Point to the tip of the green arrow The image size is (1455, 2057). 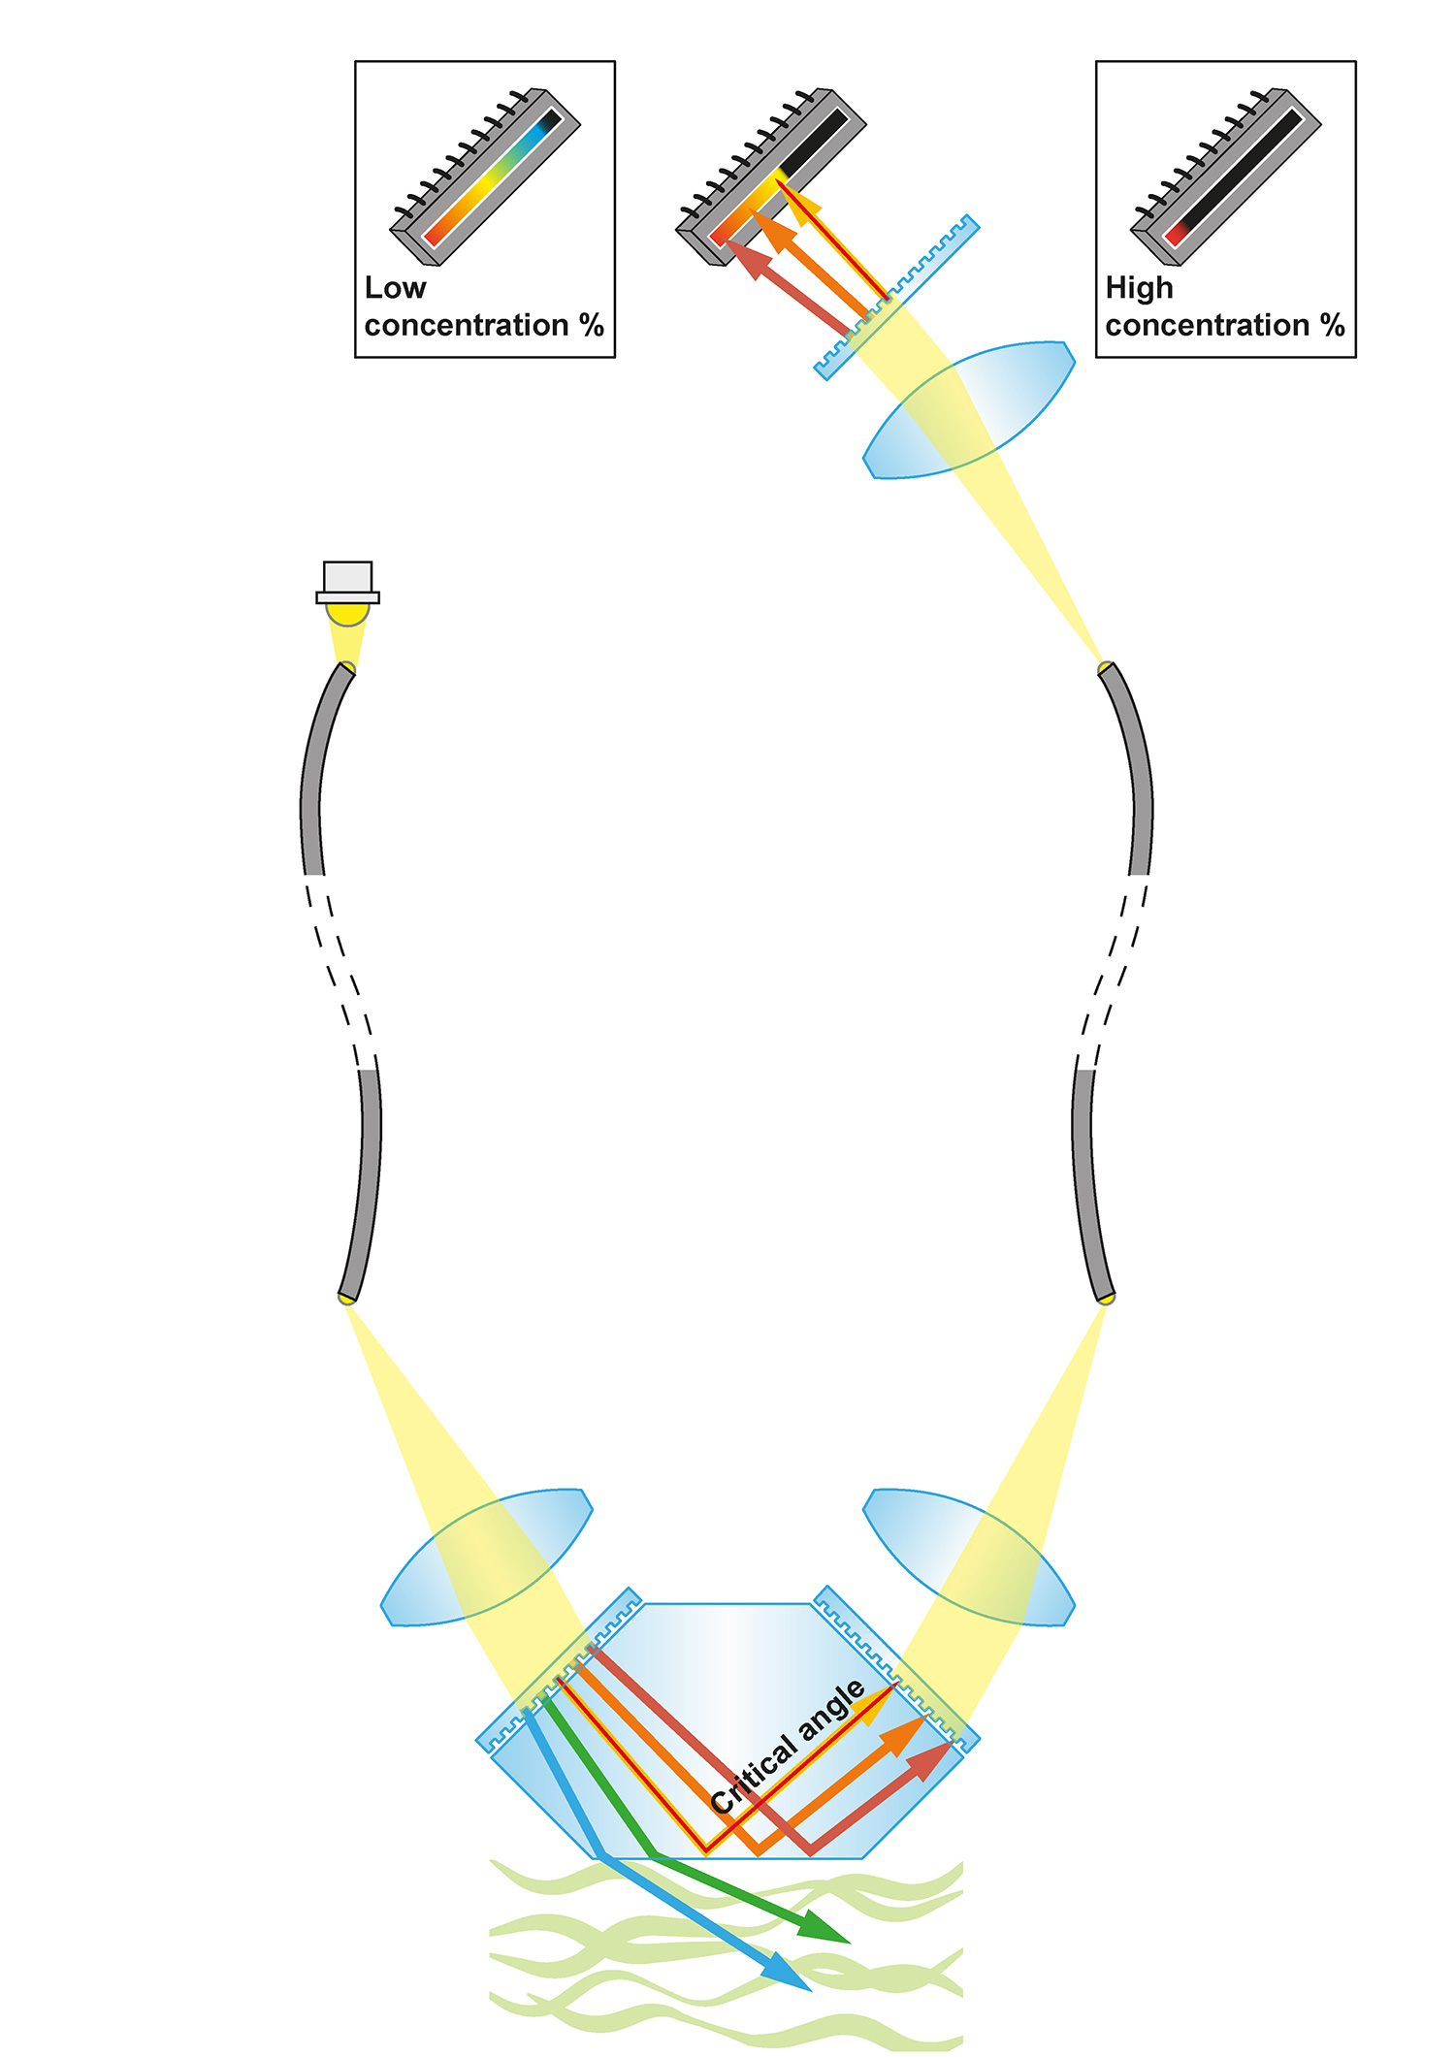851,1943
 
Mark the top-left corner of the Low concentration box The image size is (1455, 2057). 355,61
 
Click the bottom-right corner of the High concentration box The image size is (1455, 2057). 1356,358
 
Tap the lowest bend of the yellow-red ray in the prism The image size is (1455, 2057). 705,1852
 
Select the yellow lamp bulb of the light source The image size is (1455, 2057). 347,613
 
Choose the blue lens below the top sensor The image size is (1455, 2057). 969,410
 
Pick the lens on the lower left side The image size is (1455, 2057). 486,1557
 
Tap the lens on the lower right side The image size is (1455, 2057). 969,1557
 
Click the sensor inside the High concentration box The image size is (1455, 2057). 1226,177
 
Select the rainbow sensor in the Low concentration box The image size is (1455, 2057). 485,177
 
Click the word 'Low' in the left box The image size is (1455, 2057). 395,288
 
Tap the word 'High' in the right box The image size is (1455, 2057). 1139,288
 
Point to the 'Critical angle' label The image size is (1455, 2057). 787,1747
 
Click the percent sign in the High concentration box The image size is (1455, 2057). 1333,325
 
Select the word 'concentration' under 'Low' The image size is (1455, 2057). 467,325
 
